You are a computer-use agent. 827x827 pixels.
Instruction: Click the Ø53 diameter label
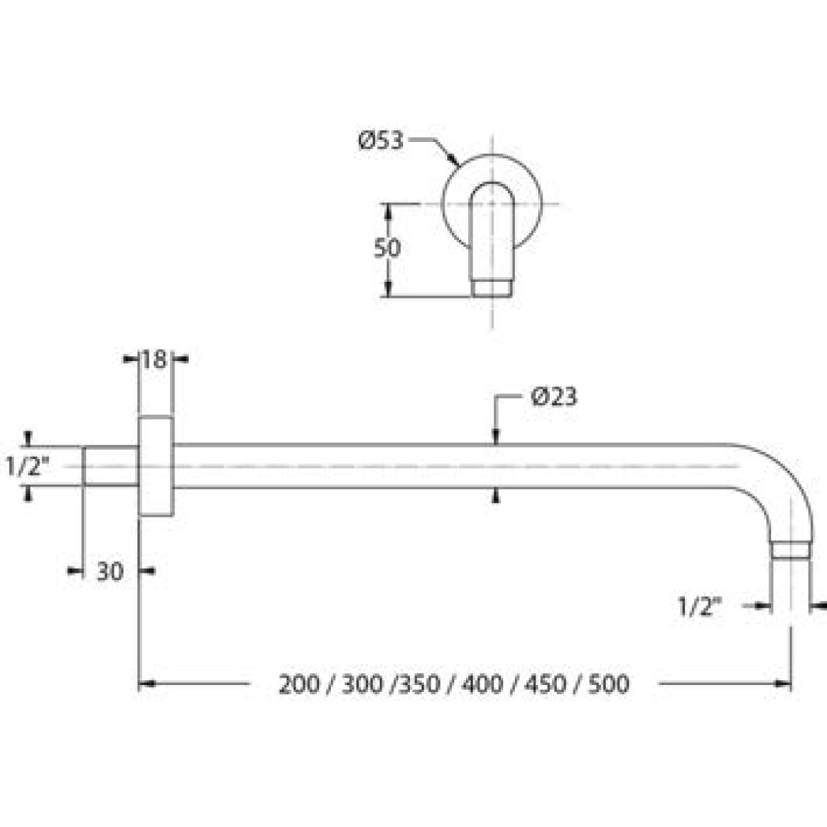(380, 141)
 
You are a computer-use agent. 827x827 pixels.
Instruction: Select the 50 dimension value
(387, 248)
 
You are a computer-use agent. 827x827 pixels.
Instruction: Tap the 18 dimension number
(154, 360)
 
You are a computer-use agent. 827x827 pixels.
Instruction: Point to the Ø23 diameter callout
(554, 398)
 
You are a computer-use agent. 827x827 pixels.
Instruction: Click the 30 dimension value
(110, 571)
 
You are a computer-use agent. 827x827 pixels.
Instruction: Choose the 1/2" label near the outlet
(700, 607)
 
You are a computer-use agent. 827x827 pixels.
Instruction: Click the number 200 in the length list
(299, 684)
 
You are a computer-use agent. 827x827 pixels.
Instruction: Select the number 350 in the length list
(419, 684)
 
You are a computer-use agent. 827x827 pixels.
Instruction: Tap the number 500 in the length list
(609, 684)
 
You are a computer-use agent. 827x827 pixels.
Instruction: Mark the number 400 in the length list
(482, 684)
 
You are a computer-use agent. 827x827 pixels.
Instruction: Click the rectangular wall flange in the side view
(155, 466)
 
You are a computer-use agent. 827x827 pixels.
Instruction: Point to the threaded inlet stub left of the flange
(110, 466)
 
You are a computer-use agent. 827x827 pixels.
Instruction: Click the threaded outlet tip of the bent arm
(791, 550)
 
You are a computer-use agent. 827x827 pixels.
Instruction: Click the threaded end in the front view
(492, 288)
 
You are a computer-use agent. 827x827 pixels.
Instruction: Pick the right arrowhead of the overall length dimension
(784, 684)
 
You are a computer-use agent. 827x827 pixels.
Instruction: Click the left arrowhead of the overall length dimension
(147, 684)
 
